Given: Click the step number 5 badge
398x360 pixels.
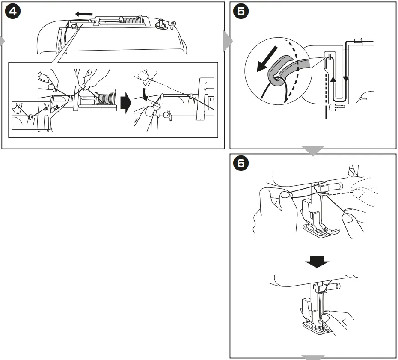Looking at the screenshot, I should tap(241, 11).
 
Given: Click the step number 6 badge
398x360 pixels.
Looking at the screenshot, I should tap(241, 163).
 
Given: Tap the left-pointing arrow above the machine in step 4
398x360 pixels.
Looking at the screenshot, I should tap(83, 14).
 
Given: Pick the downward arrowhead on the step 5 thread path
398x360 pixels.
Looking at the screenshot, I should tap(346, 79).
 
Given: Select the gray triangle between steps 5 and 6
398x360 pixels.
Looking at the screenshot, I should tap(313, 150).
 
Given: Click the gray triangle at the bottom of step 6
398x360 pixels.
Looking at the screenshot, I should tap(313, 357).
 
